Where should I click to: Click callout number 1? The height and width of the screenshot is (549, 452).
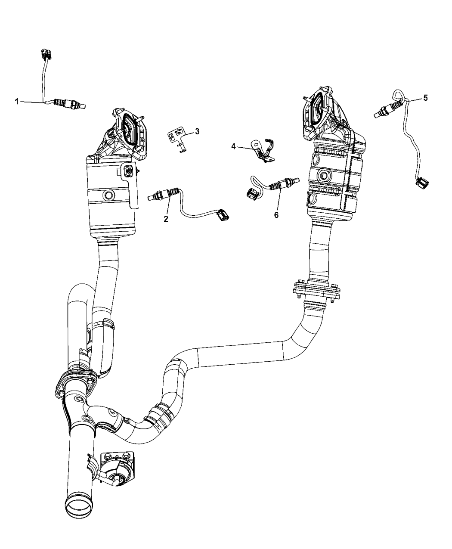pos(17,102)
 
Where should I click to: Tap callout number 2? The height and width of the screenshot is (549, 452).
pos(165,219)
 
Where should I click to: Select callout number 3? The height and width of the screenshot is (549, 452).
pos(197,131)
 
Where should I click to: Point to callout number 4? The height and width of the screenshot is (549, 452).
pos(233,146)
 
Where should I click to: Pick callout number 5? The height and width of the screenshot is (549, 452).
pos(425,98)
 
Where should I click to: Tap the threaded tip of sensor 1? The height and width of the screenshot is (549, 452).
pos(85,105)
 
